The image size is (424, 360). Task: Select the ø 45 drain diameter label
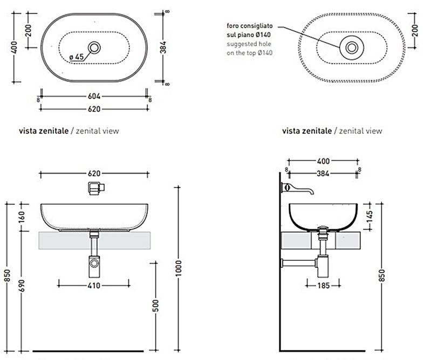tap(76, 56)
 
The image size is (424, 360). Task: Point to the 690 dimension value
tap(21, 285)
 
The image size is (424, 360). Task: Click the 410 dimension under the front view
tap(94, 285)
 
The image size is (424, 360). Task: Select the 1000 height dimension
tap(179, 266)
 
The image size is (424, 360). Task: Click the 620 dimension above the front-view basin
tap(94, 174)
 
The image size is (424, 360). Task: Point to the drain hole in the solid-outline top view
tap(95, 47)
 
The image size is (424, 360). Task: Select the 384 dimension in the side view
tap(323, 174)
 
